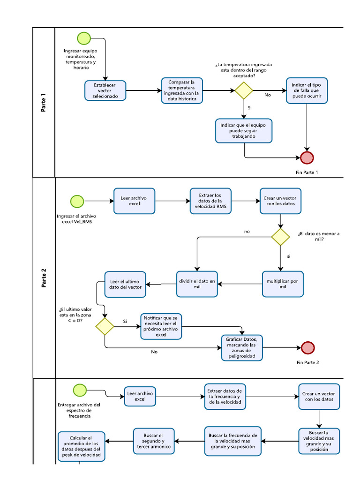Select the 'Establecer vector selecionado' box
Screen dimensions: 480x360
(x=105, y=90)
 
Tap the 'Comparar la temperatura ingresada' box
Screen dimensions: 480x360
(x=182, y=90)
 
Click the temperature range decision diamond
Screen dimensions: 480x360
(x=244, y=90)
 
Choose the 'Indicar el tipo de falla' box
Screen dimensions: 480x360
(x=307, y=90)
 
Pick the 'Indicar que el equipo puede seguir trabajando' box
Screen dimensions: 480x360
(x=244, y=131)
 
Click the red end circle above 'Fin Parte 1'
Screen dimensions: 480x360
(x=307, y=158)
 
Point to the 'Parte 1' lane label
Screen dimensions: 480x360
(x=44, y=103)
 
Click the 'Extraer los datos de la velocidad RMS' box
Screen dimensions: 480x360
(x=211, y=201)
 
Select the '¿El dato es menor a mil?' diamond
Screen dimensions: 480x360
(x=280, y=237)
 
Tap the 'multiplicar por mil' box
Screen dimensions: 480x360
(x=283, y=284)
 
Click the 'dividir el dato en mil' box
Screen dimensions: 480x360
(x=197, y=284)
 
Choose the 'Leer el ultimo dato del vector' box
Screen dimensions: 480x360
(x=125, y=284)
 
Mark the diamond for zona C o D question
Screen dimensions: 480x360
(x=105, y=326)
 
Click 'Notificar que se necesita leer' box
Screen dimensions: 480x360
(x=161, y=326)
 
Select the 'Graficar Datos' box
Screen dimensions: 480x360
(x=242, y=347)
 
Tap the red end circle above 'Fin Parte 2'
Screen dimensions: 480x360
(x=308, y=347)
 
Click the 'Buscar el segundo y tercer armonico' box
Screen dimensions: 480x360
(x=154, y=442)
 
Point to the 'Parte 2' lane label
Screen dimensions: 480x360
(x=44, y=277)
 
